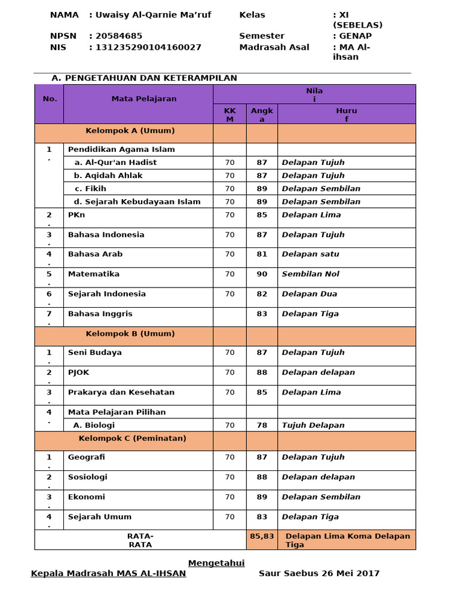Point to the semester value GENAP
[356, 36]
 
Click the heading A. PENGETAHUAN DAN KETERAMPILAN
[145, 78]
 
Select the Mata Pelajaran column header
[144, 99]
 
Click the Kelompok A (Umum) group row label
[130, 131]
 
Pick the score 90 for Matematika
[262, 274]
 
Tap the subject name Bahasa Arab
[95, 254]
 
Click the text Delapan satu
[310, 254]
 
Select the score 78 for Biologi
[262, 426]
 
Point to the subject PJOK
[78, 372]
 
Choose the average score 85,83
[262, 537]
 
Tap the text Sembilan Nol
[310, 274]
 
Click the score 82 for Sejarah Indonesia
[262, 294]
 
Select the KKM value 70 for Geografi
[229, 457]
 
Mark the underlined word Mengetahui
[216, 563]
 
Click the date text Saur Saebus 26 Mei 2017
[319, 574]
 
